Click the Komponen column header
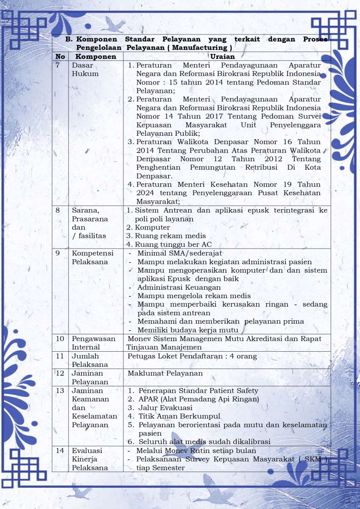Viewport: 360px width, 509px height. coord(96,56)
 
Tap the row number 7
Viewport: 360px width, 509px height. coord(60,65)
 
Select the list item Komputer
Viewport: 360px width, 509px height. coord(152,227)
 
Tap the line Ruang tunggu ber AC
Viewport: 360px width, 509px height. coord(173,244)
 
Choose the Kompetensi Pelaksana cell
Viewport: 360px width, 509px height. coord(92,257)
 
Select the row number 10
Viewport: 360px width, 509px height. coord(60,338)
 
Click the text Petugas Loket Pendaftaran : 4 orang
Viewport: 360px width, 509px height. coord(192,356)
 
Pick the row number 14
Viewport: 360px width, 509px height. coord(60,450)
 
